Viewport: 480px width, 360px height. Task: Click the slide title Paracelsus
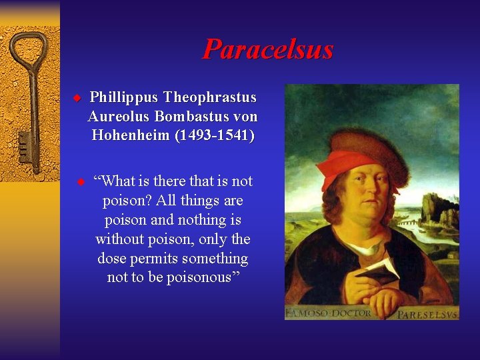coord(267,49)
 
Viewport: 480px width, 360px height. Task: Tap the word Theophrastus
coord(210,97)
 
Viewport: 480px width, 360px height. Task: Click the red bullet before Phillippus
coord(77,98)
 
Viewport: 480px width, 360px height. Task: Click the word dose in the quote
coord(111,258)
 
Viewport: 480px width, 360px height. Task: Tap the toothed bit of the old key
coord(25,147)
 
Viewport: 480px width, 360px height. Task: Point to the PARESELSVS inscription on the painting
coord(427,313)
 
